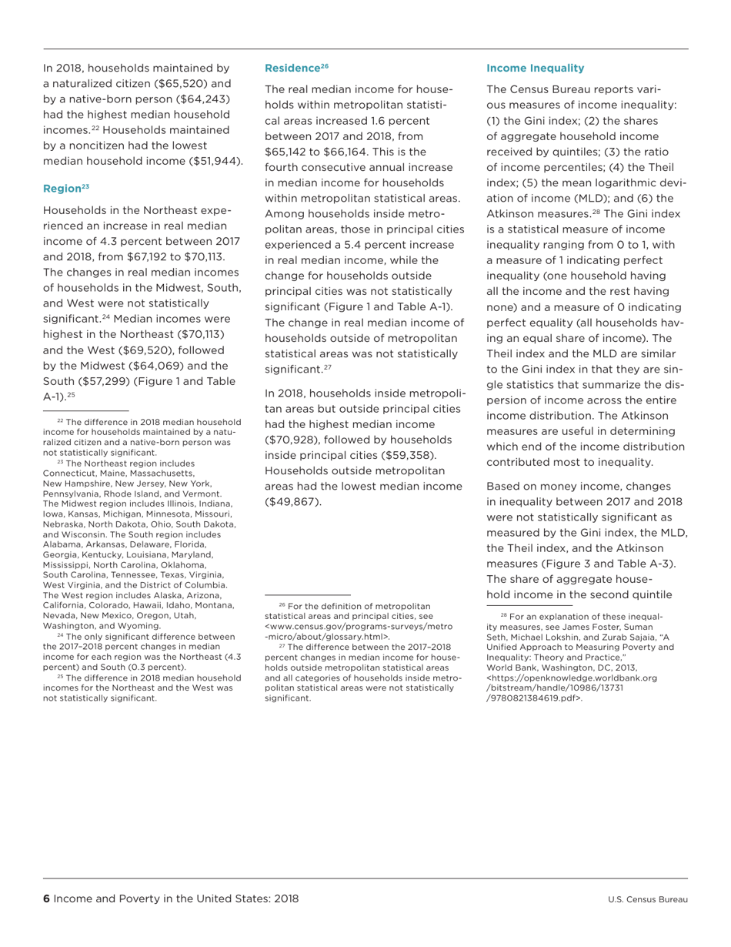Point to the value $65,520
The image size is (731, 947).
tap(185, 84)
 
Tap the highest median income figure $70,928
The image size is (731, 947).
tap(292, 439)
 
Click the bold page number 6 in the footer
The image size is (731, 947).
tap(46, 898)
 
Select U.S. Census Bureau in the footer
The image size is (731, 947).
tap(647, 899)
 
